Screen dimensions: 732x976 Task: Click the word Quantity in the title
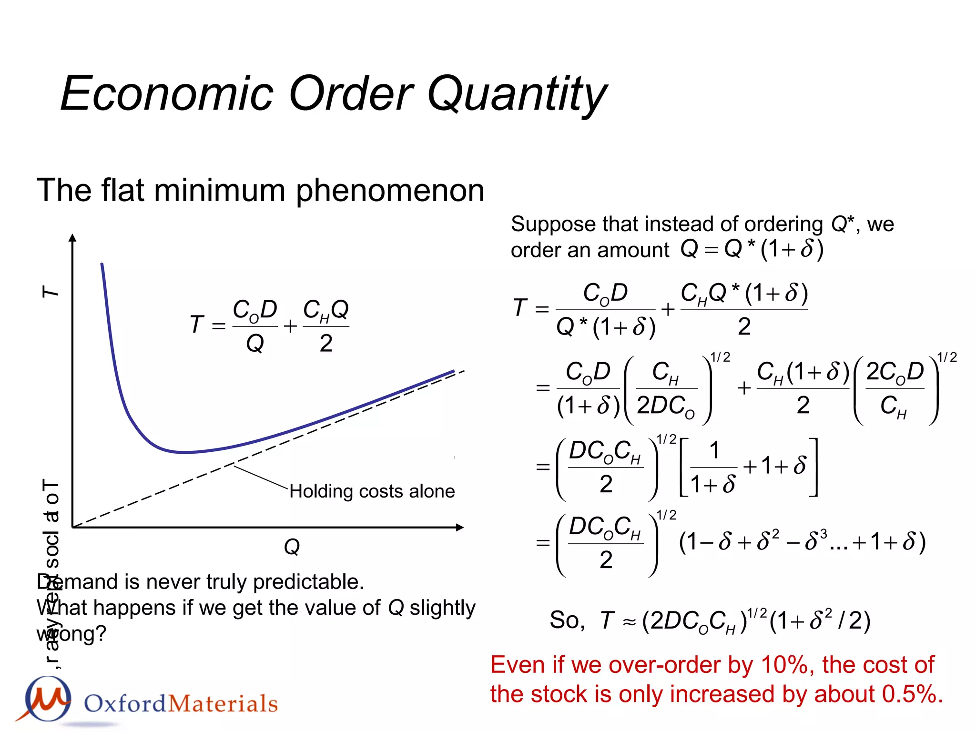(517, 94)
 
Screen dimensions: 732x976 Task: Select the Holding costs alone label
(372, 491)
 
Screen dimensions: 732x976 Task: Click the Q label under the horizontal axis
(292, 547)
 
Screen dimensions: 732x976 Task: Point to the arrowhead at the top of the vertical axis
(72, 237)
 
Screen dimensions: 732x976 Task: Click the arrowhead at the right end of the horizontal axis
(460, 527)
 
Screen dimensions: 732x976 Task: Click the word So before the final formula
(566, 620)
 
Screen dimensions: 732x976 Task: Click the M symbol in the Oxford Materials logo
(48, 699)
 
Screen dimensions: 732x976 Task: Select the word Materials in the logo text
(223, 704)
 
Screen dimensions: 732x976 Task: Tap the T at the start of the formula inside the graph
(196, 325)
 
